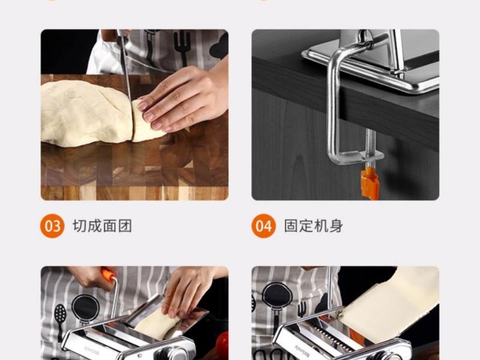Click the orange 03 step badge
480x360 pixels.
click(52, 226)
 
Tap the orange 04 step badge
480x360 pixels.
click(263, 226)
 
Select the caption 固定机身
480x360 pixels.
click(314, 226)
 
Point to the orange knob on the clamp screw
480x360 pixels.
click(370, 183)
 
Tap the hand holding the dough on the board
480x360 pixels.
click(180, 96)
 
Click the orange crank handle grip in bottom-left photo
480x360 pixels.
click(108, 275)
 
